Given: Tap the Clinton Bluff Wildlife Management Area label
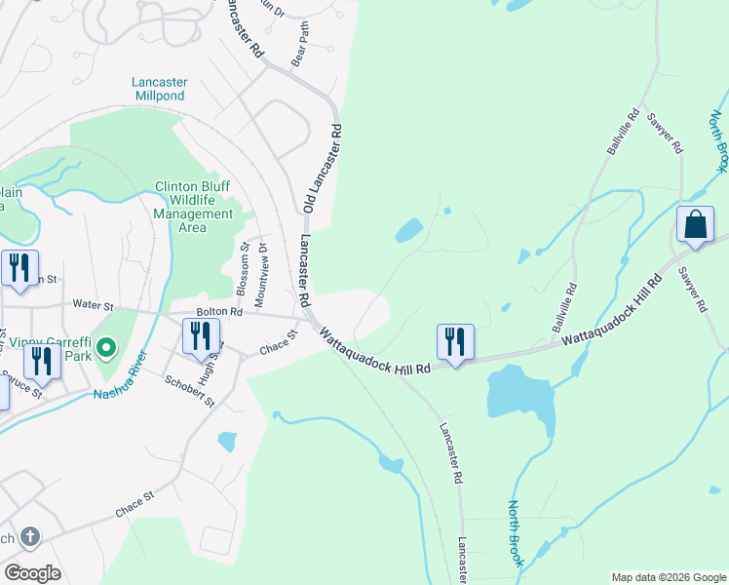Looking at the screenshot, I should (193, 207).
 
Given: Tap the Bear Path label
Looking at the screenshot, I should (299, 53).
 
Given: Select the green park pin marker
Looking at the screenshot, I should (108, 347).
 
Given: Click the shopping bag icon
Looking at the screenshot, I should (696, 225).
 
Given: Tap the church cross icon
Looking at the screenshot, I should (30, 537).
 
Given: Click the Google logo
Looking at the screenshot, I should (32, 573).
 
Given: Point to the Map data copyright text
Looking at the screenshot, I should (668, 577).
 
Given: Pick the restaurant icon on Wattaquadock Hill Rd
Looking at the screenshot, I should (455, 341).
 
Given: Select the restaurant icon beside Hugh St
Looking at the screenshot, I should (200, 336).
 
